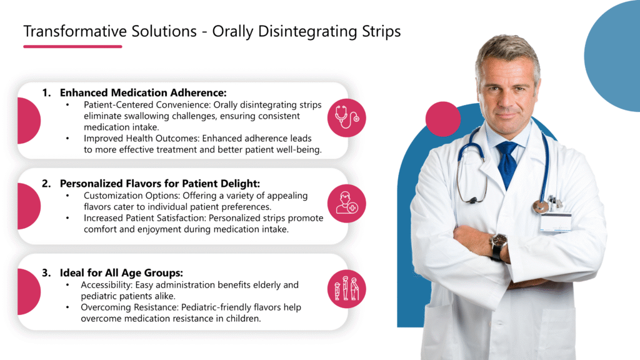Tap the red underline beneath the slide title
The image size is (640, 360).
point(72,46)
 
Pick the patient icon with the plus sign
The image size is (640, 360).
point(346,204)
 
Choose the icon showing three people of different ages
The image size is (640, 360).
point(346,289)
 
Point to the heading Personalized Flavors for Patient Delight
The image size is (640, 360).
point(159,184)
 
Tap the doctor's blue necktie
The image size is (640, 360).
point(507,164)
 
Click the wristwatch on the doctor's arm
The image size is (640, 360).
point(498,244)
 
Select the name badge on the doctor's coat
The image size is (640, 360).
point(555,221)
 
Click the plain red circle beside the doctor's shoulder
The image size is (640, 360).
point(442,119)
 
